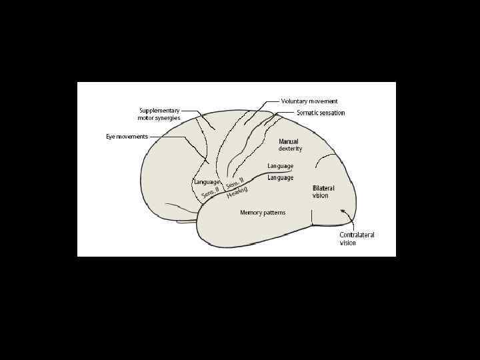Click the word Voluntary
coord(294,101)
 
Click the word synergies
coord(168,118)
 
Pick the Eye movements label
coord(127,137)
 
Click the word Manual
coord(289,141)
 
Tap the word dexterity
coord(290,149)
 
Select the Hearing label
coord(237,192)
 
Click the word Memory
coord(252,213)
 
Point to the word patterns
coord(275,213)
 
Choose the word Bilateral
coord(323,189)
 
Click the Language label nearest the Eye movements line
coord(207,182)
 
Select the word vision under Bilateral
coord(321,196)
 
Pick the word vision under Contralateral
coord(348,243)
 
